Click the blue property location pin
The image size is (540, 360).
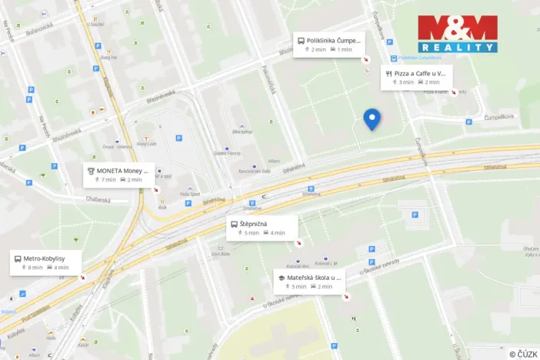tap(372, 118)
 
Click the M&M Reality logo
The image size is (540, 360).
tap(457, 34)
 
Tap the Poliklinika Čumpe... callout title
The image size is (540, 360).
tap(332, 40)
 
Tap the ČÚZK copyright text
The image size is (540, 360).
tap(523, 354)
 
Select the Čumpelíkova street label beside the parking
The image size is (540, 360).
tap(498, 117)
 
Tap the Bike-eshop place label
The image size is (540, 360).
tap(243, 132)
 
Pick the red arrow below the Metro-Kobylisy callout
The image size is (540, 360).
tap(82, 277)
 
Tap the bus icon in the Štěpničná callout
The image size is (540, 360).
tap(234, 224)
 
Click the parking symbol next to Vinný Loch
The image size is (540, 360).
tap(178, 138)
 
